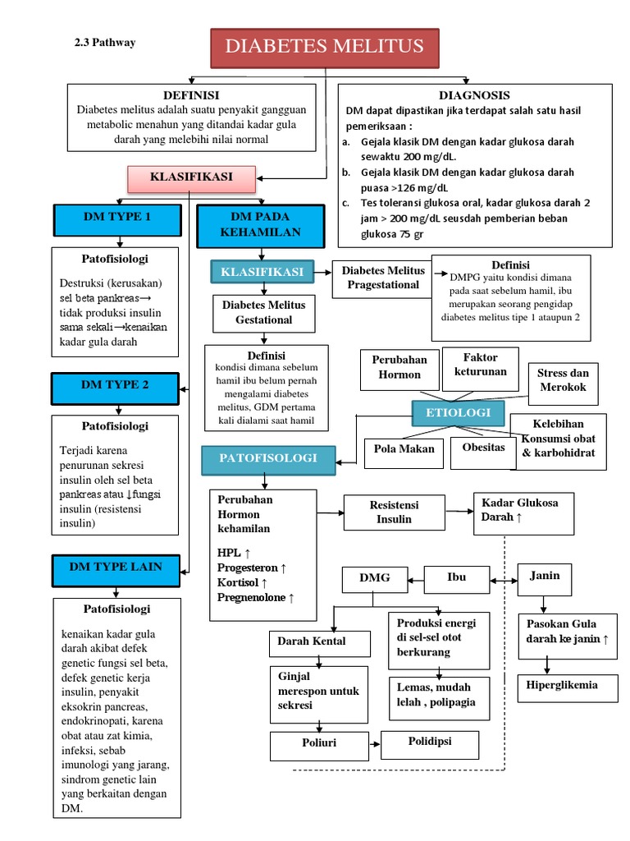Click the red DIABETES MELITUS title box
pos(325,47)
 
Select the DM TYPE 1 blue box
pos(116,218)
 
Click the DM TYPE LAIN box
pos(115,567)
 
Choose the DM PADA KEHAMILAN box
pos(260,225)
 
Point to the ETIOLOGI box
pos(459,412)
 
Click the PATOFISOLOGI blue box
pos(268,457)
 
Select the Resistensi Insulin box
pos(394,512)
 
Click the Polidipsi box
pos(430,742)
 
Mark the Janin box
pos(545,577)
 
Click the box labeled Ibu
pos(456,578)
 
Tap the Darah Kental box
pos(311,642)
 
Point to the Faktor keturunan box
pos(480,365)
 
